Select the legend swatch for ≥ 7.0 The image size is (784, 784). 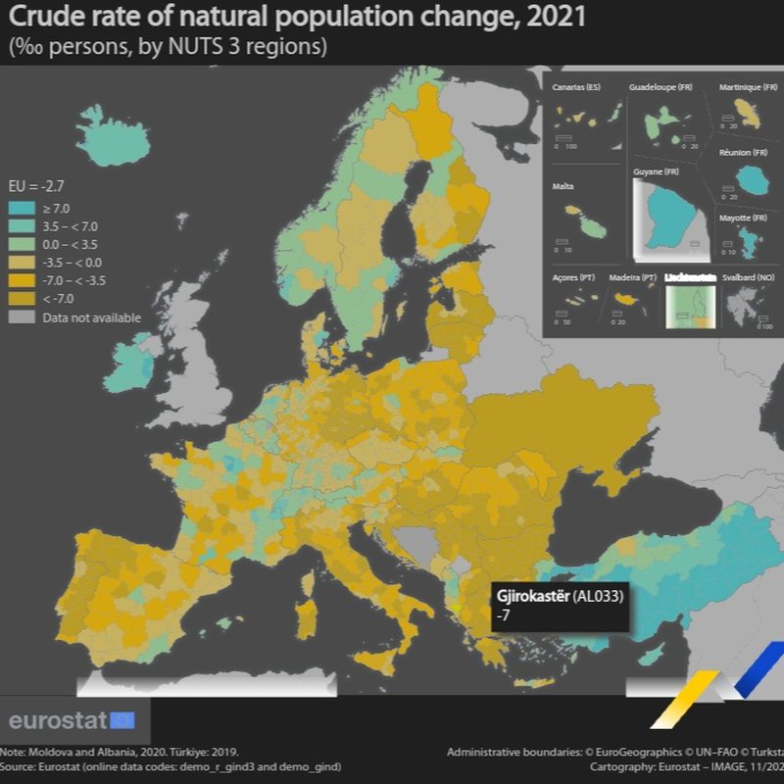pos(21,208)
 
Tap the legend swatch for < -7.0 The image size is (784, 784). pos(21,299)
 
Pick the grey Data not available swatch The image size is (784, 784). pos(21,318)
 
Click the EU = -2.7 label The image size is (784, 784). pos(36,185)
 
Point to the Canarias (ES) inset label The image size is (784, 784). pos(576,88)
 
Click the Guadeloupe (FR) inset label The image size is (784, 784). pos(661,88)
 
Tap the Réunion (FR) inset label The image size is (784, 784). pos(748,153)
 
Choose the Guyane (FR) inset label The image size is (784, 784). pos(656,172)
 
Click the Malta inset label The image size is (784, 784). pos(563,186)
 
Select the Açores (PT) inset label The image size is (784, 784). pos(573,278)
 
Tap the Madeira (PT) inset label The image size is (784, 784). pos(632,278)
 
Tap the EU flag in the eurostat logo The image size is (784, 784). pos(122,720)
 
